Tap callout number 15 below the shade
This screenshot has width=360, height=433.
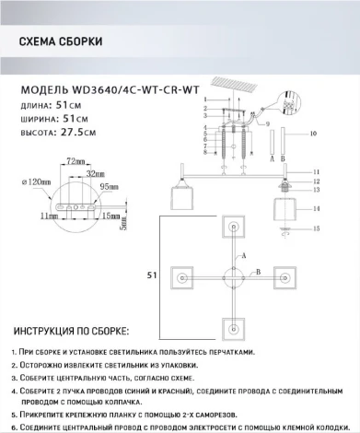tap(316, 228)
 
